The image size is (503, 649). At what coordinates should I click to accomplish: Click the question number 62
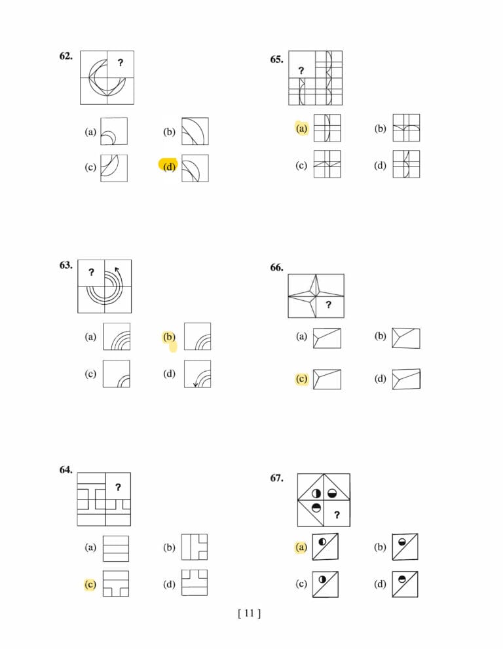tap(65, 56)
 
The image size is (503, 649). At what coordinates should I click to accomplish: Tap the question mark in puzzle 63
tap(91, 272)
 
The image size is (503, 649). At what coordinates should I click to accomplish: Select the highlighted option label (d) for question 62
tap(169, 167)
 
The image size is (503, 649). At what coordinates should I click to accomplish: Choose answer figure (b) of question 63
tap(197, 336)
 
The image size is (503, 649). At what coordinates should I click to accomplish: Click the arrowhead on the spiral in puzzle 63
tap(117, 270)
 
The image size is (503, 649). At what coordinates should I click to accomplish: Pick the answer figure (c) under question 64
tap(116, 583)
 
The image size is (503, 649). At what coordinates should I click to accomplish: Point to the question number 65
tap(277, 60)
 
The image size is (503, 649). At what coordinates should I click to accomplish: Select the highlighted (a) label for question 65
tap(301, 128)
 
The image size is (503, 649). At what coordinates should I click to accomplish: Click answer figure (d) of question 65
tap(406, 164)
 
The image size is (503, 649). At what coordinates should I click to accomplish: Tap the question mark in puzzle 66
tap(328, 305)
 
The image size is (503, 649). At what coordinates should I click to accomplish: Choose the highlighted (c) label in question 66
tap(301, 379)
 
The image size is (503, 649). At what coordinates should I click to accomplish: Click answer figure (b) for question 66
tap(406, 338)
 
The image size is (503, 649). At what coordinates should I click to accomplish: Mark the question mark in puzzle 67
tap(337, 515)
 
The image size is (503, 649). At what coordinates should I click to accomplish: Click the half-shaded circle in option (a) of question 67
tap(322, 541)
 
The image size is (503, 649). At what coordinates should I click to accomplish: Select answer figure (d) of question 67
tap(405, 584)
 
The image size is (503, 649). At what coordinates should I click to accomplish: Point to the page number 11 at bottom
tap(250, 613)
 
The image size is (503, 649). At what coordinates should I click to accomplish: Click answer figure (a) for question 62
tap(114, 131)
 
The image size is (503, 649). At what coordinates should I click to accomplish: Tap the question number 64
tap(65, 470)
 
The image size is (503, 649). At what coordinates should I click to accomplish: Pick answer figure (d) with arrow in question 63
tap(197, 374)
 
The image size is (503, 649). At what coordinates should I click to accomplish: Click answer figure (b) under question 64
tap(195, 547)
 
